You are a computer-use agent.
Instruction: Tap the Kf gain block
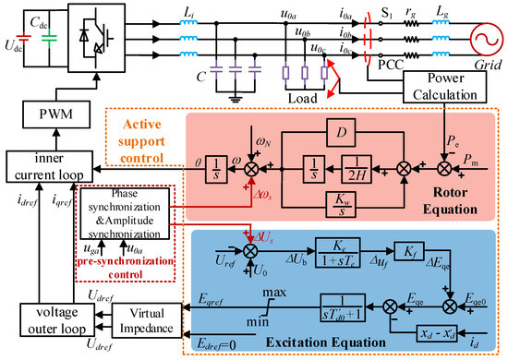[x=392, y=252]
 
